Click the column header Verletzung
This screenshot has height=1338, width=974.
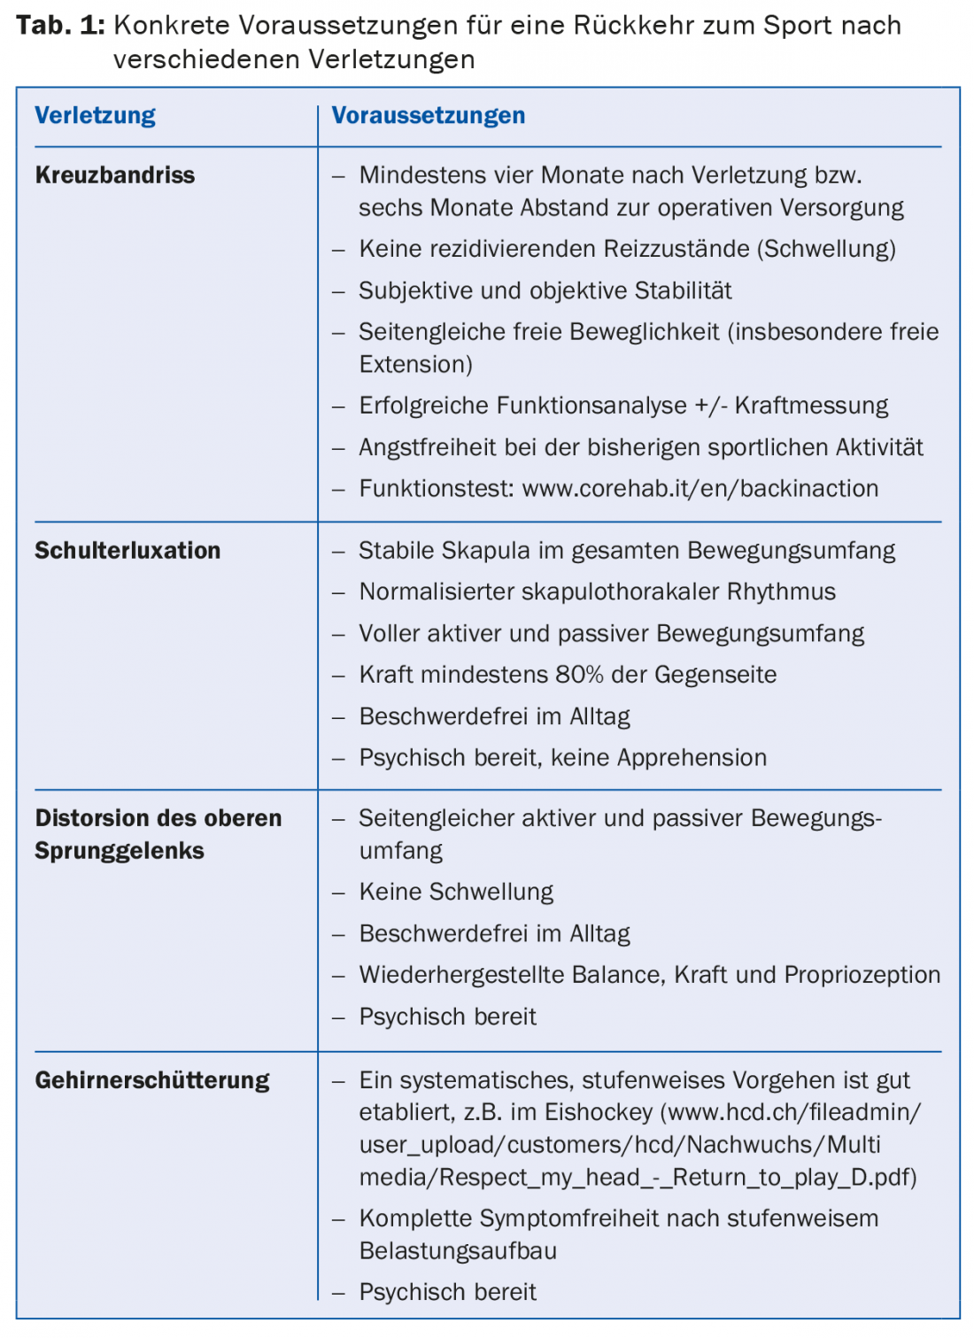point(95,116)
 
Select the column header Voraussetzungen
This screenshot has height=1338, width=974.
point(428,116)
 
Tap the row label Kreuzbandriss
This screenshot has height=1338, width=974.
point(115,175)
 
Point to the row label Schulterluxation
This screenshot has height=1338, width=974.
point(128,551)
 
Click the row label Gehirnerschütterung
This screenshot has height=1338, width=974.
point(152,1080)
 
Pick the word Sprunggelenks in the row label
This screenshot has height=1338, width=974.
point(120,851)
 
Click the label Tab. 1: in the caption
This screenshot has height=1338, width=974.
point(60,26)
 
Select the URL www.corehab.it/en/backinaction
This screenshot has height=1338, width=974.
point(700,489)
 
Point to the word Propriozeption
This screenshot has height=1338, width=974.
point(862,975)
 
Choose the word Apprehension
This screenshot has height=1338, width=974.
point(692,758)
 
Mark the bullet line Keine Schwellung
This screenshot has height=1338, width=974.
point(456,892)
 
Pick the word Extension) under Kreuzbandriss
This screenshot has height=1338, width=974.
point(415,365)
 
